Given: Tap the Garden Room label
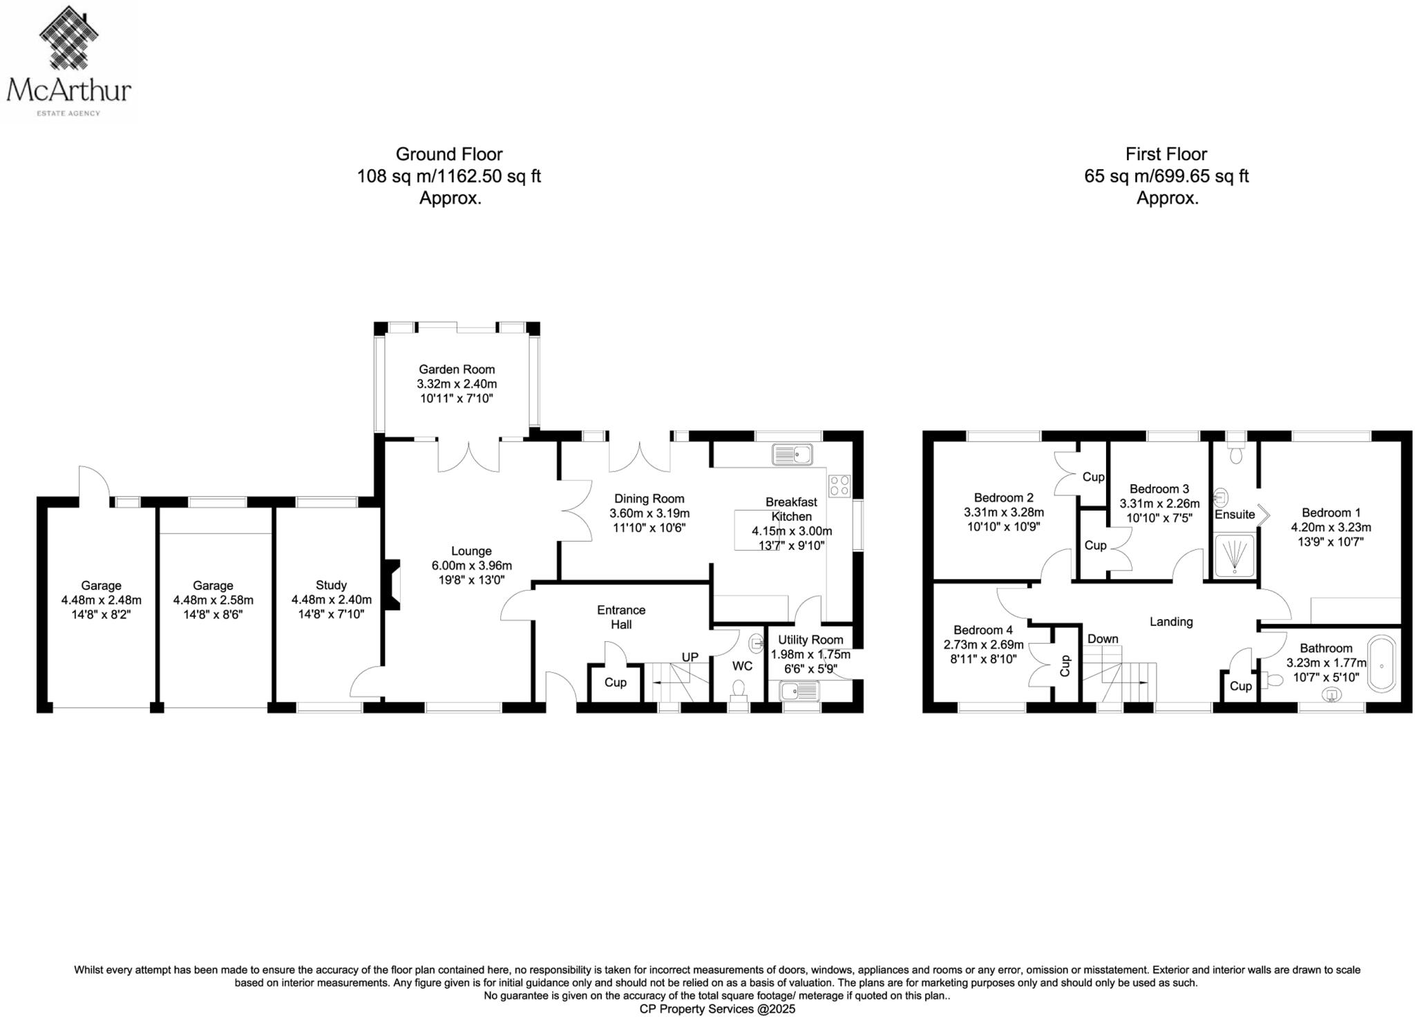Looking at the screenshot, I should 456,370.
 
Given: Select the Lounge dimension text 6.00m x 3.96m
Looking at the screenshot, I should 471,566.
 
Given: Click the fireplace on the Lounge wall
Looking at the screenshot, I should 392,584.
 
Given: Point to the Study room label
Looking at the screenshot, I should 331,585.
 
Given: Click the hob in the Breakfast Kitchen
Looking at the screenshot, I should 839,485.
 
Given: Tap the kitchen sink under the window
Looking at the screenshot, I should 792,455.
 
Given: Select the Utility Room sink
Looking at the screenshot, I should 799,690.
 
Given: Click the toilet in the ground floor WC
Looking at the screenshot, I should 739,689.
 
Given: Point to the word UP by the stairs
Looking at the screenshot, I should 690,657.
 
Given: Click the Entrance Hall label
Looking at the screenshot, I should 621,617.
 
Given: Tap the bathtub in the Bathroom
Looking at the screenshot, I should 1382,664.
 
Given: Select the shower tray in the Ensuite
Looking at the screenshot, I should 1234,555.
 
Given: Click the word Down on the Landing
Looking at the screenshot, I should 1102,639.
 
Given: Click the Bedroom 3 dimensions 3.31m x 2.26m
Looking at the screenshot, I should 1159,504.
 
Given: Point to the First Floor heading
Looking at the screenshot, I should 1166,154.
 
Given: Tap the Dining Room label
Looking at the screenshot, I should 649,499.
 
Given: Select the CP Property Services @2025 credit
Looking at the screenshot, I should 717,1009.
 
